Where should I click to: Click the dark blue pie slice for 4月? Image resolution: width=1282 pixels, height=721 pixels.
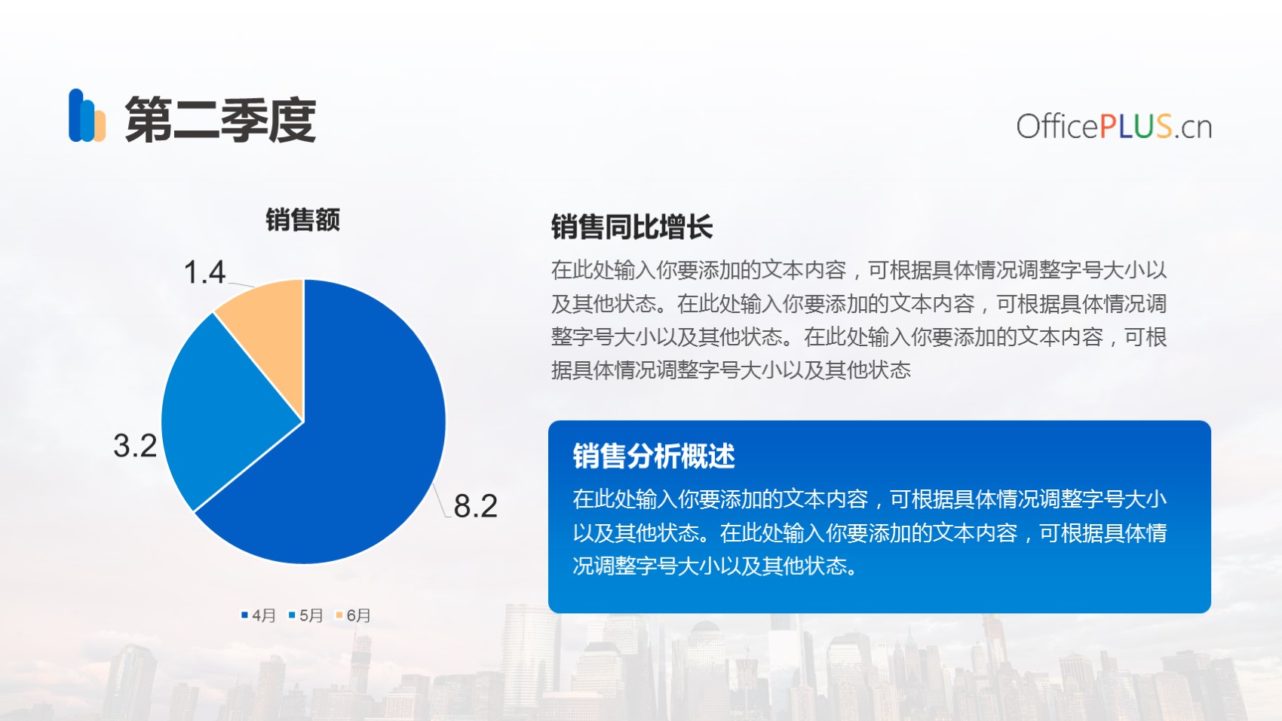tap(355, 446)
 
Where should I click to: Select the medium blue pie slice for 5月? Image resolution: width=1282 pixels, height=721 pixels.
tap(223, 412)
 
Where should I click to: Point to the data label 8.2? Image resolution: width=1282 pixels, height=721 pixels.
tap(475, 506)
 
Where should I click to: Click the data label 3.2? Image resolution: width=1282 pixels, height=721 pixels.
tap(135, 445)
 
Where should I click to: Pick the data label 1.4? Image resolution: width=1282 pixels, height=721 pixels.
tap(205, 272)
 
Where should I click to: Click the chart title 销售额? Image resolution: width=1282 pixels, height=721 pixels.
tap(302, 219)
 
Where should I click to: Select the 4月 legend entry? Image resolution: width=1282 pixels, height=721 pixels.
tap(259, 615)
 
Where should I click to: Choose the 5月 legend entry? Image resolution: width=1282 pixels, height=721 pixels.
tap(306, 615)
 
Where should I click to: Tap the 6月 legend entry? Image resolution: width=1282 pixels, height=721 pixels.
tap(353, 615)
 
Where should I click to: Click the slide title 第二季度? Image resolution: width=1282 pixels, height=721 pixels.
tap(220, 119)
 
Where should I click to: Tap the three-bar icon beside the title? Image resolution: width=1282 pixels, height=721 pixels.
tap(87, 115)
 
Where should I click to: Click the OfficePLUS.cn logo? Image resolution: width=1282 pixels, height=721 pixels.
tap(1114, 126)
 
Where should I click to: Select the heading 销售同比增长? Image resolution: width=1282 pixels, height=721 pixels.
tap(632, 226)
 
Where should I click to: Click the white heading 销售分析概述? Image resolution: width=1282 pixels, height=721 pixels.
tap(654, 456)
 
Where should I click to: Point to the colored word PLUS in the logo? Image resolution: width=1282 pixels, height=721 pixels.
tap(1136, 126)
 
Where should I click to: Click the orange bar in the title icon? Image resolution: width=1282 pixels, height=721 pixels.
tap(100, 126)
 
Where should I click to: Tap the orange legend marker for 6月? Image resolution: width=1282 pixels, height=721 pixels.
tap(339, 615)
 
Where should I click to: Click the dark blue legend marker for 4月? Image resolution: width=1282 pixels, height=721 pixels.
tap(244, 615)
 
